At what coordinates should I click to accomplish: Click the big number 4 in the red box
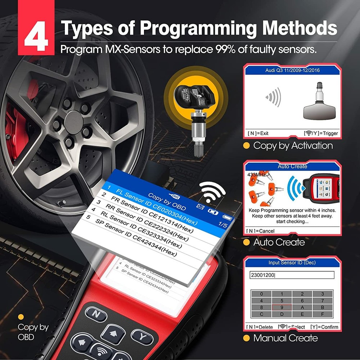click(x=36, y=35)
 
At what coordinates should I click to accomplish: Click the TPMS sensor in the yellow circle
click(x=196, y=108)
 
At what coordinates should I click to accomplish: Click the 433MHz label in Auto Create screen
click(x=256, y=175)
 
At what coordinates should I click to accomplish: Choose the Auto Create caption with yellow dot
click(x=279, y=242)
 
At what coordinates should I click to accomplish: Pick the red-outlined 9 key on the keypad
click(x=282, y=307)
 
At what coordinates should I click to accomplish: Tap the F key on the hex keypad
click(x=323, y=314)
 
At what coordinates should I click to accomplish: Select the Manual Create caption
click(x=285, y=338)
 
